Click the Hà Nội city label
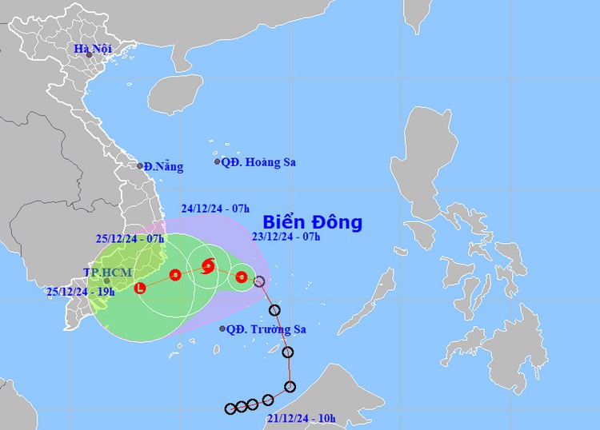[x=92, y=49]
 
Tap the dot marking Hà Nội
[x=90, y=55]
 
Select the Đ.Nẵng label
[x=164, y=167]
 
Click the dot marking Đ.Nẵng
[x=140, y=166]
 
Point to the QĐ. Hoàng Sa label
[x=258, y=162]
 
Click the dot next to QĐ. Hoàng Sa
[x=218, y=162]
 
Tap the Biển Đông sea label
[x=313, y=221]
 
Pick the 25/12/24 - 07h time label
[x=131, y=238]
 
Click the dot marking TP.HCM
[x=106, y=281]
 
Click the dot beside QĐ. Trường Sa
[x=222, y=328]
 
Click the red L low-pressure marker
[x=141, y=287]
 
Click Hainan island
[x=177, y=94]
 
